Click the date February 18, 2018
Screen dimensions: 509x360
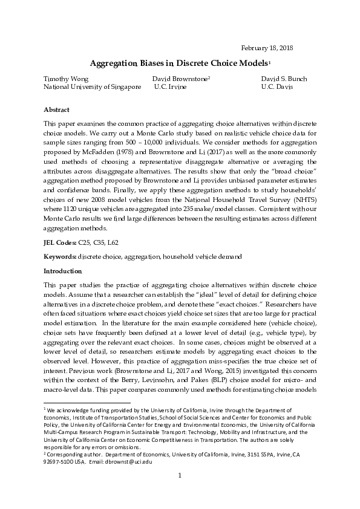(267, 48)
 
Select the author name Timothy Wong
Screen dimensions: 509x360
(66, 79)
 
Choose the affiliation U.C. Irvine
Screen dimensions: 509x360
(170, 87)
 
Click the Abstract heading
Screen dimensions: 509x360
(57, 110)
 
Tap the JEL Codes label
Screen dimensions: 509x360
(59, 242)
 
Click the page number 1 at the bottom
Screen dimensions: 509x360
(180, 492)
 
